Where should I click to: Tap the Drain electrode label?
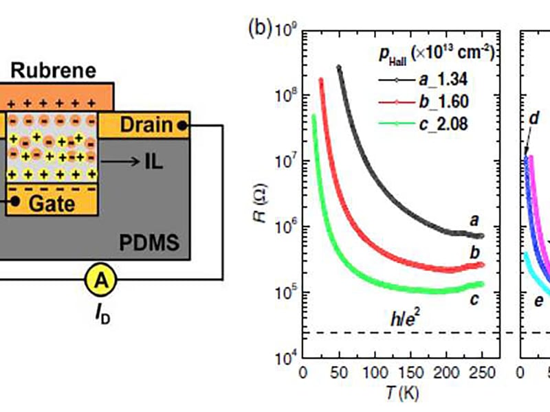pyautogui.click(x=146, y=125)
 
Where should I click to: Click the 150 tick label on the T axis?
pyautogui.click(x=410, y=373)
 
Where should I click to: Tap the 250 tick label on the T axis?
pyautogui.click(x=483, y=373)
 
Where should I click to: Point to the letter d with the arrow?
pyautogui.click(x=533, y=118)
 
